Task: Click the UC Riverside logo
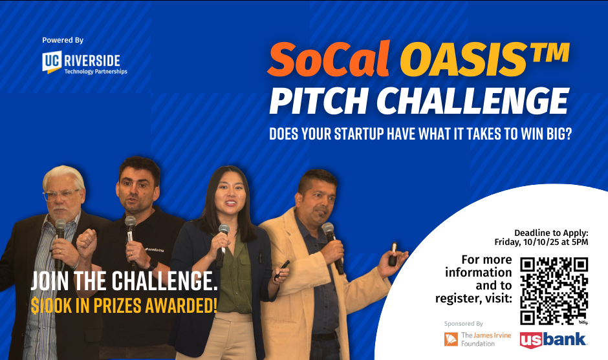[85, 63]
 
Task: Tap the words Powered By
[63, 40]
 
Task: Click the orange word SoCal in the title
[329, 59]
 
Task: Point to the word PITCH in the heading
[318, 101]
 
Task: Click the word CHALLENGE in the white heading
[473, 101]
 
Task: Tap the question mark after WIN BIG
[568, 134]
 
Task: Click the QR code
[554, 291]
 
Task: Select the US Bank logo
[553, 340]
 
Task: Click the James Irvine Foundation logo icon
[451, 339]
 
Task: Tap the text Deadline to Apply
[551, 233]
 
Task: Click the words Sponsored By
[463, 324]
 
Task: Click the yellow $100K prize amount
[51, 306]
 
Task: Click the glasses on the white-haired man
[61, 195]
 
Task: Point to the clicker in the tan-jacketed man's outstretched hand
[393, 254]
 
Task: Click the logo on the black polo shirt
[155, 249]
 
